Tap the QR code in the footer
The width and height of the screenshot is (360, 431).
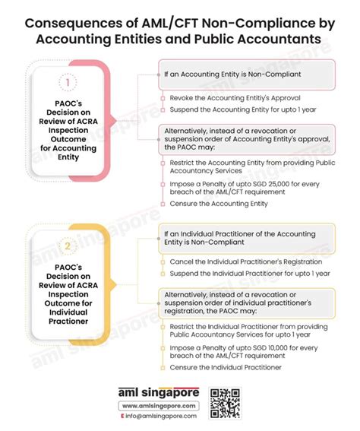[225, 402]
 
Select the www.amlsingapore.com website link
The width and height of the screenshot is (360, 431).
[159, 406]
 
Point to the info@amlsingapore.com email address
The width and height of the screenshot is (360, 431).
[159, 416]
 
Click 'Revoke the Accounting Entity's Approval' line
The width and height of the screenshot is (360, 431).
[225, 99]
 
